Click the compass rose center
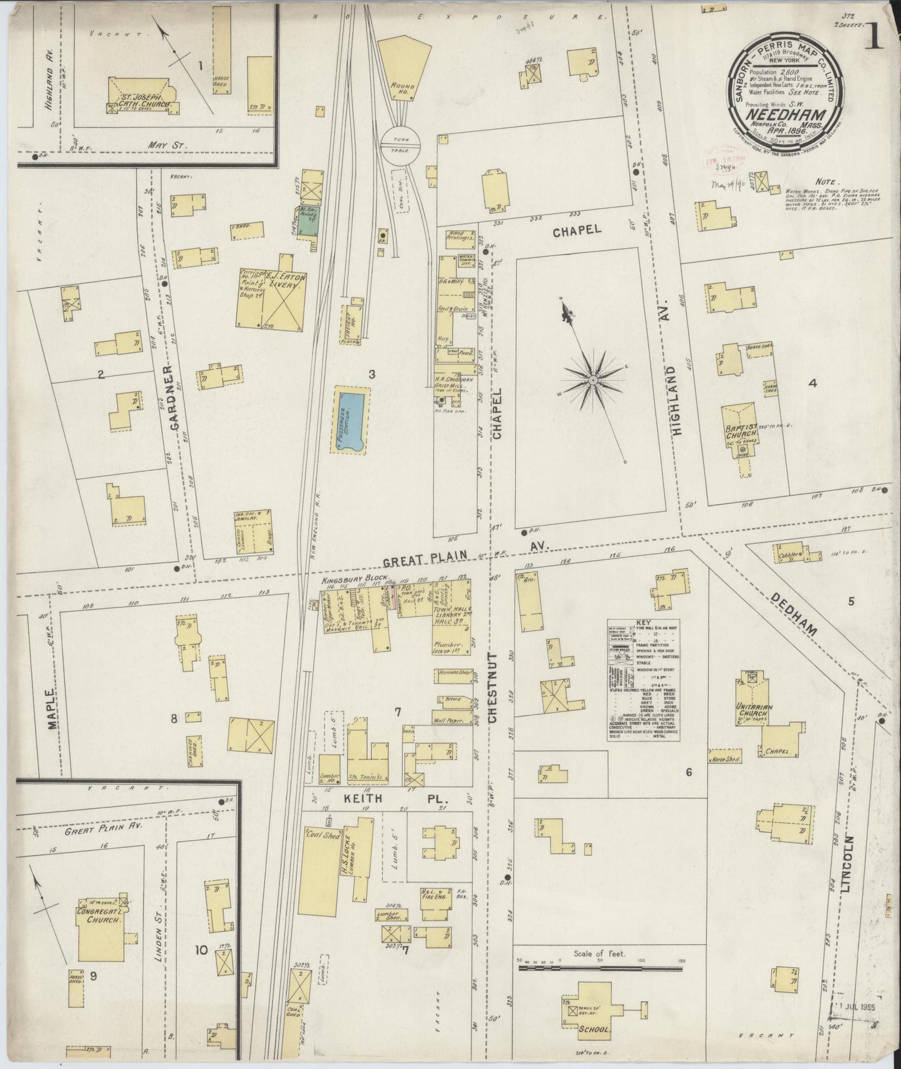point(593,379)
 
